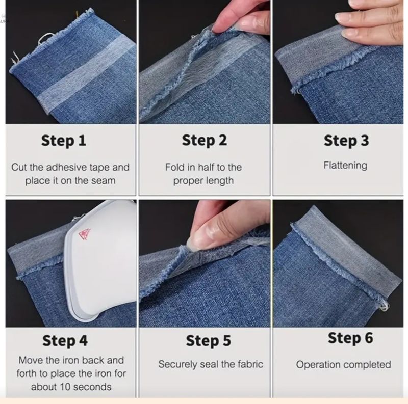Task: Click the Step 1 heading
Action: point(63,141)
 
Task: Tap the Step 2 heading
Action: point(205,141)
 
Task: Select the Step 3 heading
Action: point(346,141)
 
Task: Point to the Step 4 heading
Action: point(65,340)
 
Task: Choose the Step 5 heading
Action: point(209,340)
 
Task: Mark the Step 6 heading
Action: point(350,338)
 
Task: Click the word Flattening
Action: point(345,166)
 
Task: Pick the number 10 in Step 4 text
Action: point(65,387)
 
